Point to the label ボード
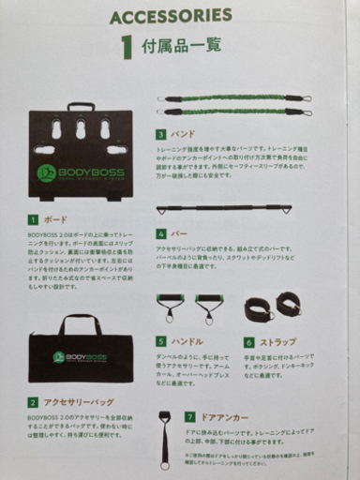(56, 220)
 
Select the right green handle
(207, 308)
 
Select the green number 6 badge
(249, 343)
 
